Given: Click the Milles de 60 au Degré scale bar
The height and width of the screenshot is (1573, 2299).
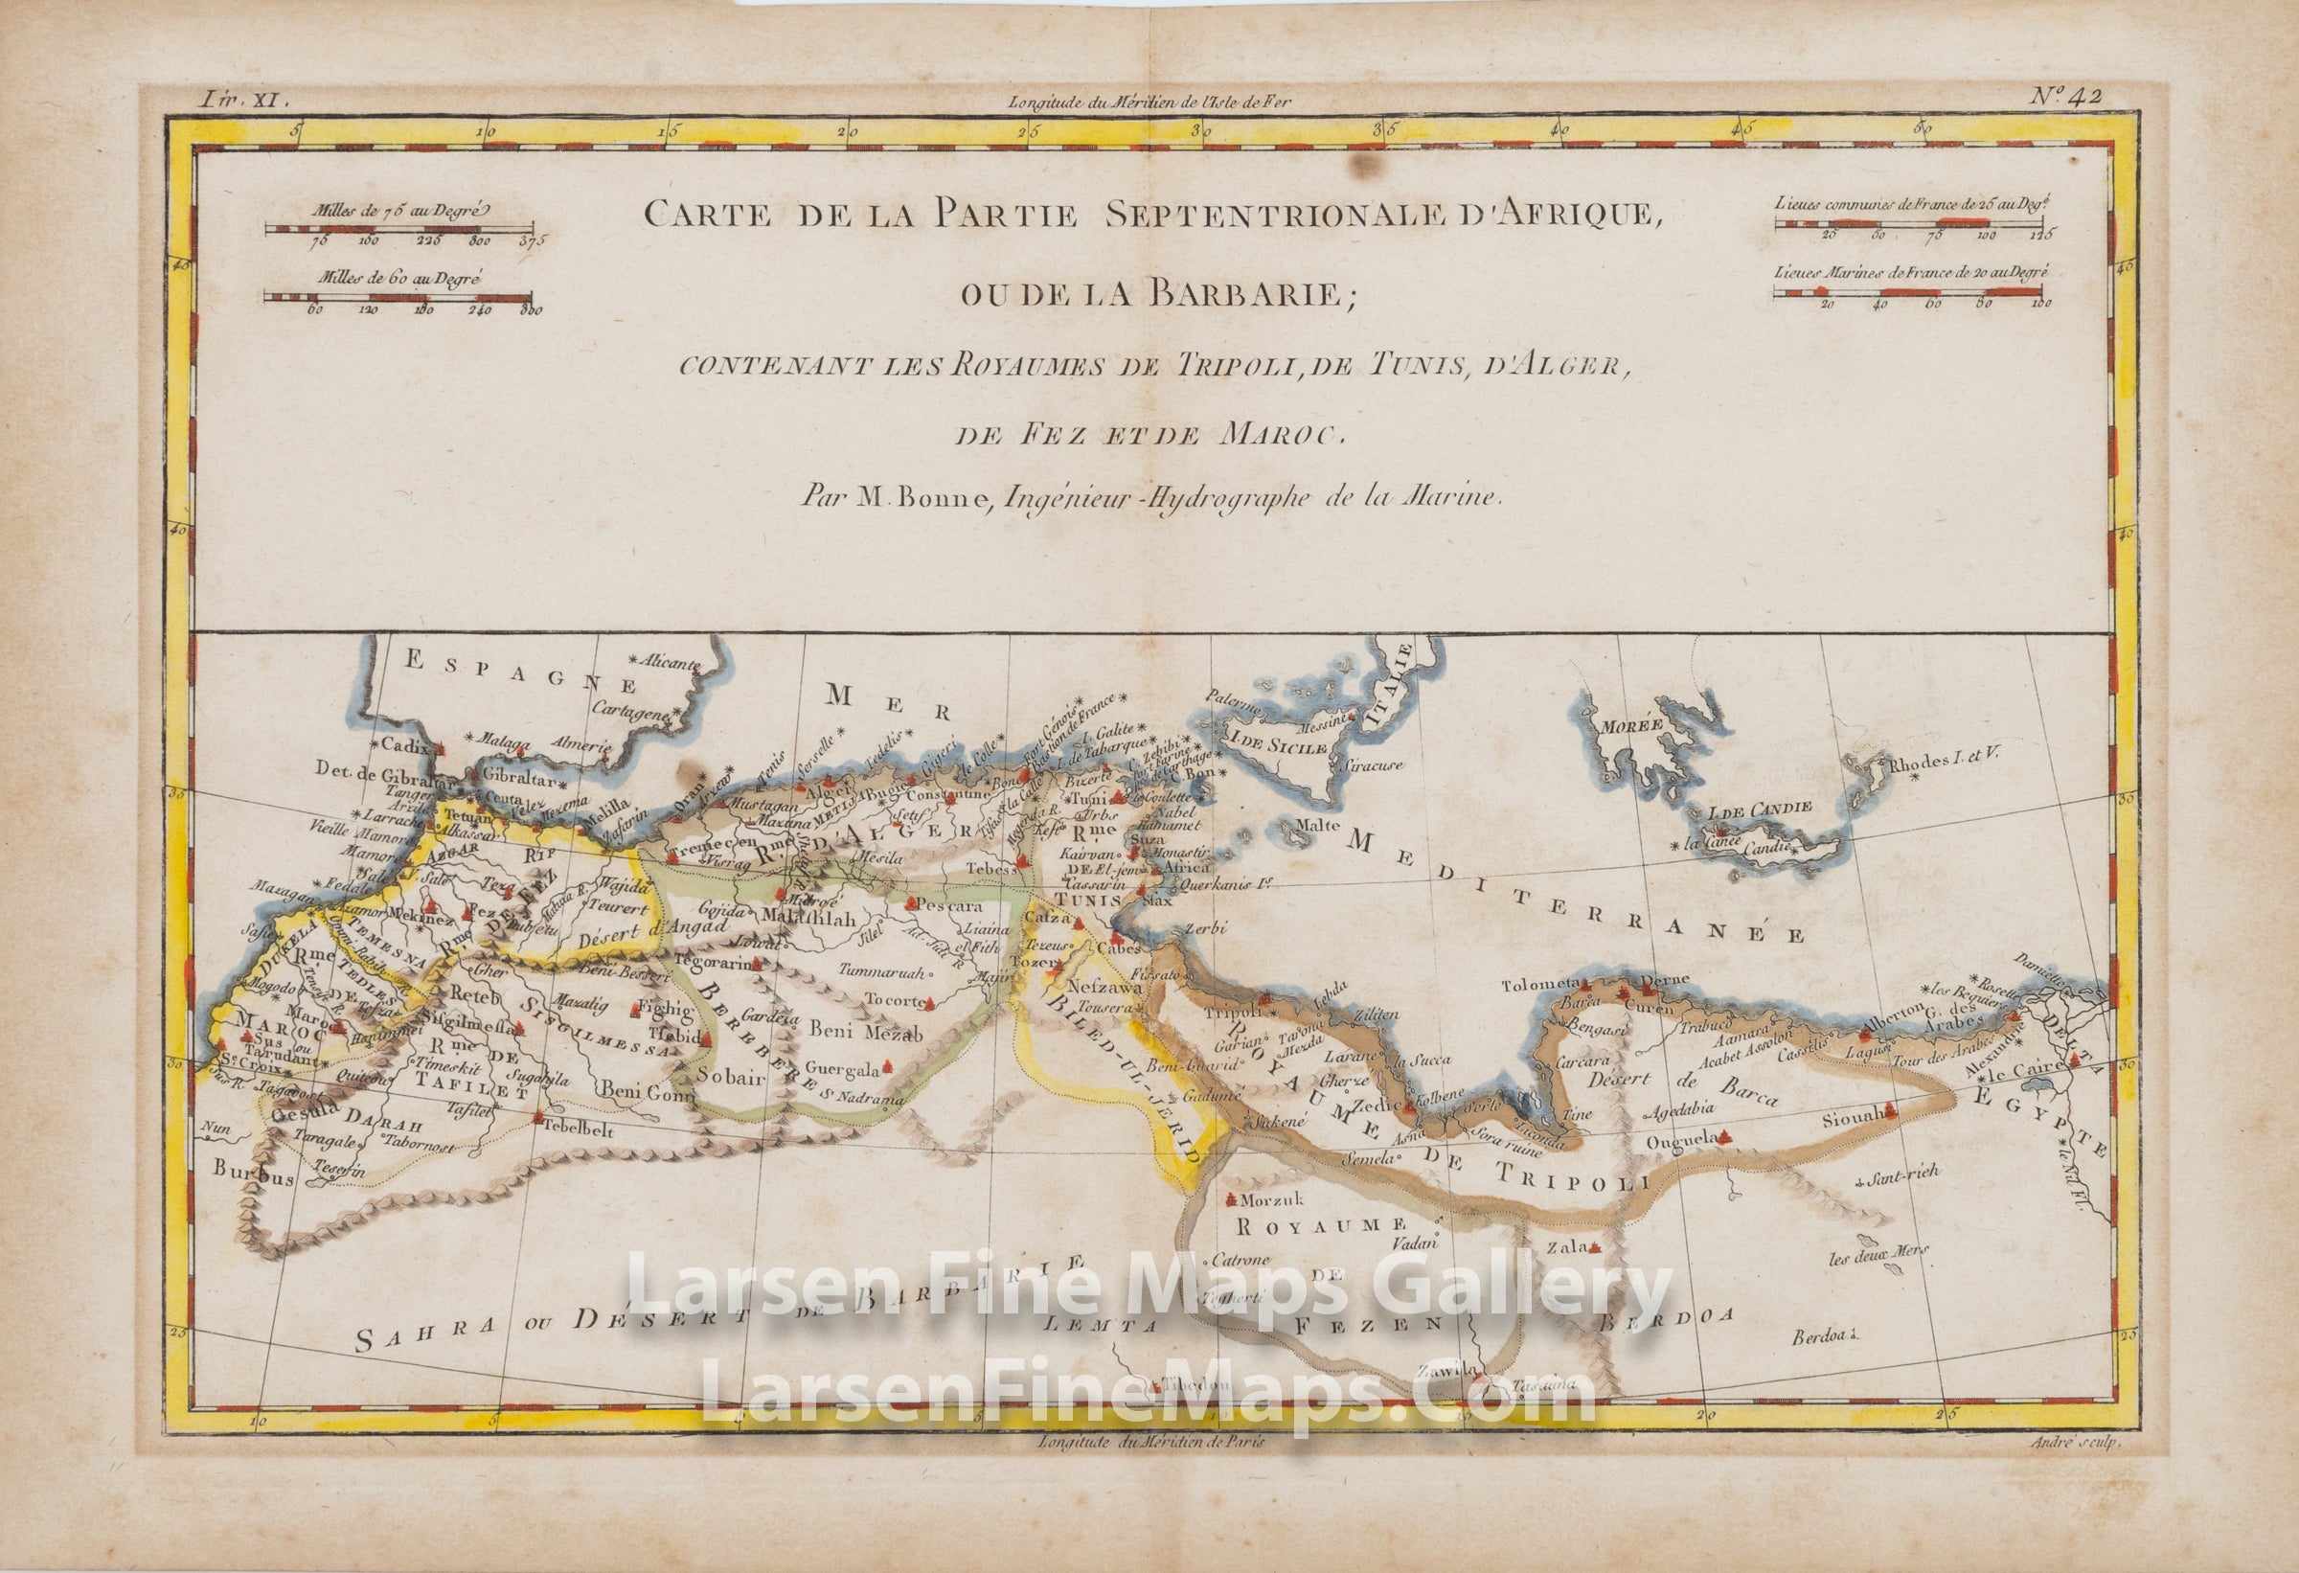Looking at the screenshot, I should (x=398, y=295).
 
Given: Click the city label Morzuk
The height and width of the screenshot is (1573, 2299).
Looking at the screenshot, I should (x=1259, y=1200).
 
